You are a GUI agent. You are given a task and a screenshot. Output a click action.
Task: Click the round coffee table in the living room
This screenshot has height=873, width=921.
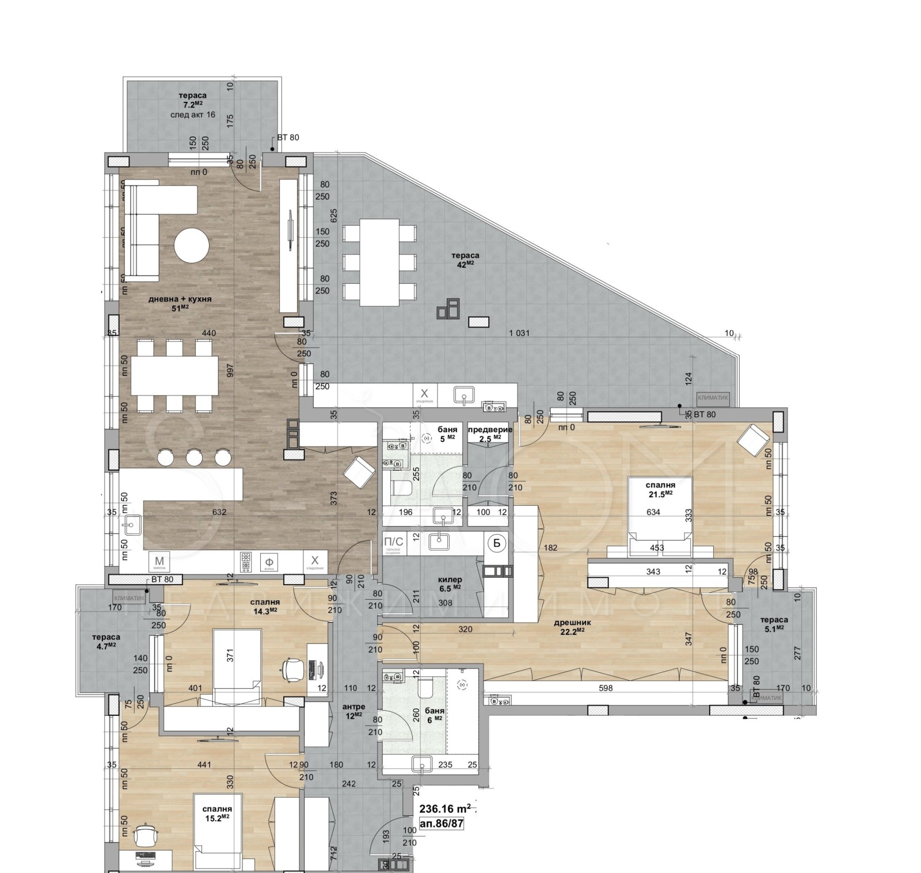[x=192, y=246]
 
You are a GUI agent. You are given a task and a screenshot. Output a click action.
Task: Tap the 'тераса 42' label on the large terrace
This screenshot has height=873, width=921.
[x=465, y=259]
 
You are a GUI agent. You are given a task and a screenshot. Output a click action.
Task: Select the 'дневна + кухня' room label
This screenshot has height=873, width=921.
[x=180, y=303]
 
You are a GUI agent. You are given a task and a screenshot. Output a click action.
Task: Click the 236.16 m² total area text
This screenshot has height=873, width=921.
[x=445, y=809]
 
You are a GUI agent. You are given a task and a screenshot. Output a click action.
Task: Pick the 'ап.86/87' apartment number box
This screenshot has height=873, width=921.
[x=442, y=823]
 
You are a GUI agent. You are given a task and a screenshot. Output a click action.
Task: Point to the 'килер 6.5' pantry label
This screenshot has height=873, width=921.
[x=450, y=583]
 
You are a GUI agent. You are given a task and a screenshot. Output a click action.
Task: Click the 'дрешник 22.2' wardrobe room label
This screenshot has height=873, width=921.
[x=572, y=626]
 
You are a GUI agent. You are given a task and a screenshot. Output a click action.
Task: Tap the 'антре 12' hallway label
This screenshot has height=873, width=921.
[x=353, y=710]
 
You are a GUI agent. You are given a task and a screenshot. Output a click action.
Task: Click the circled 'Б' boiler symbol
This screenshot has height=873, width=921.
[x=496, y=542]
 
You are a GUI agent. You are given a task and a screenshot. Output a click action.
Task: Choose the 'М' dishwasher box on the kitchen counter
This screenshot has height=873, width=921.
[x=159, y=562]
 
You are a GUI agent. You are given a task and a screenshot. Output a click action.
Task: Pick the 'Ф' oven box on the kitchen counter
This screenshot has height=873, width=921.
[x=268, y=562]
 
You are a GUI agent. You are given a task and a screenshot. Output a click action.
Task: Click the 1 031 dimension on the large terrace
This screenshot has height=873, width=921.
[x=519, y=333]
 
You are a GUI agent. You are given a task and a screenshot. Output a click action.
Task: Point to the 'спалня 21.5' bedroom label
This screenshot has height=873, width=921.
[x=660, y=489]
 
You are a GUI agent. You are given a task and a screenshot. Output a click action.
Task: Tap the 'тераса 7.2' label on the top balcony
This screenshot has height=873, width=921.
[x=192, y=100]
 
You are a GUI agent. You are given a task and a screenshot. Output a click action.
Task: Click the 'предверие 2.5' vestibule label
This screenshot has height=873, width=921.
[x=489, y=433]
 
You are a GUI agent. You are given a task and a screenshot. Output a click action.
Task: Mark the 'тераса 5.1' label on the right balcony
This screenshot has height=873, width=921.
[x=774, y=624]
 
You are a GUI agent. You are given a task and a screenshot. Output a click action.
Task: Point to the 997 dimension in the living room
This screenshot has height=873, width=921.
[x=230, y=371]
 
